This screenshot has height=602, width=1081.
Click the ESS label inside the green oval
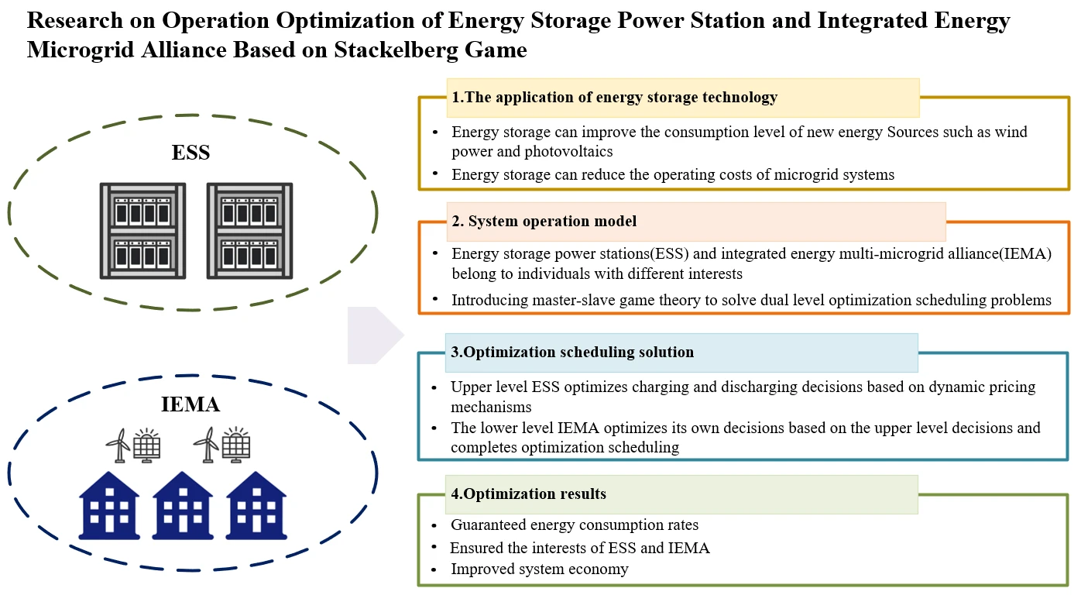click(190, 153)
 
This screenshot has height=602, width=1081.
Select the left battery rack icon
click(142, 230)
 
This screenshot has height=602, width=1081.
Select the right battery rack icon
click(249, 230)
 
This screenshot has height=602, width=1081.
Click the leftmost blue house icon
click(109, 507)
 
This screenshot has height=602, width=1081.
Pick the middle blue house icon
click(183, 507)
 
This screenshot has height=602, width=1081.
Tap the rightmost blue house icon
click(256, 507)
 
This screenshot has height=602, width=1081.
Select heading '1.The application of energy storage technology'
click(614, 98)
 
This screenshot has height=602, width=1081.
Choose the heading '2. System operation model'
click(544, 222)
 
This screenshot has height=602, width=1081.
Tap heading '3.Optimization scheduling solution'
click(572, 353)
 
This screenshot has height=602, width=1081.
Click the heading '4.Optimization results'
click(528, 494)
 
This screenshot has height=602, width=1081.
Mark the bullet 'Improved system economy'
click(540, 569)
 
